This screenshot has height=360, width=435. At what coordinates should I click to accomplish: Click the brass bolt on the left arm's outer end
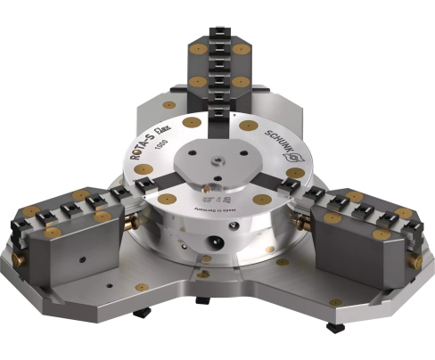pos(17,259)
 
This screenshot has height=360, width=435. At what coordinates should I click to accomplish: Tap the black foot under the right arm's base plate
pos(334,327)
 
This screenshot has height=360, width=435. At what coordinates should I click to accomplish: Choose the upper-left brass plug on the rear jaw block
pos(193,45)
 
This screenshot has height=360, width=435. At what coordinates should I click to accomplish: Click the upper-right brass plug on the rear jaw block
pos(242,45)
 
